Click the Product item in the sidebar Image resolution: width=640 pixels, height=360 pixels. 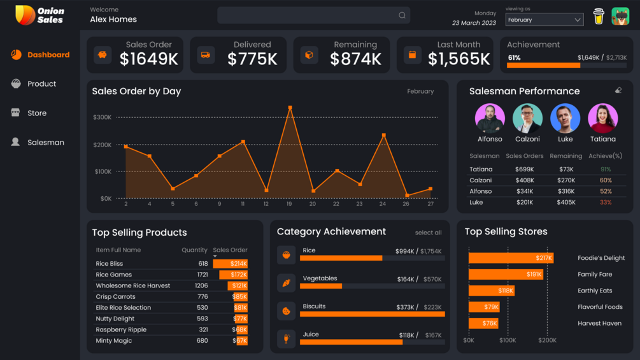tap(41, 84)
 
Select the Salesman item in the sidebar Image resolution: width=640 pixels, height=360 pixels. tap(45, 143)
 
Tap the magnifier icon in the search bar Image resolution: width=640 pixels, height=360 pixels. tap(402, 15)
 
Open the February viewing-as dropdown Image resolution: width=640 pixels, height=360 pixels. tap(544, 20)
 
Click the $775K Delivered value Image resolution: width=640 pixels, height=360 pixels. tap(252, 59)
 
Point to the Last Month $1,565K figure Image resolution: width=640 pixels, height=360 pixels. tap(459, 59)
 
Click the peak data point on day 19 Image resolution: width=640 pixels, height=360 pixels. tap(290, 108)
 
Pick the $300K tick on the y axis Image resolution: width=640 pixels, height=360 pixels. tap(102, 117)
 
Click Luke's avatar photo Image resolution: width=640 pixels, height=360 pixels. tap(565, 118)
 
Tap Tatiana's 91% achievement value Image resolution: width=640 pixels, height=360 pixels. tap(606, 169)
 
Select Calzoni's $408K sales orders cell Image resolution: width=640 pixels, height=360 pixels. tap(525, 180)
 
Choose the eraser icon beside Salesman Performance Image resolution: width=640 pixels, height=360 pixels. tap(618, 90)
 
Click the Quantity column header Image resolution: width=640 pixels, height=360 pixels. tap(194, 250)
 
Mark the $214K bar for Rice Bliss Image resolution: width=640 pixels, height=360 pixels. tap(231, 264)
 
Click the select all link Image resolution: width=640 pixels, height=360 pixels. tap(428, 233)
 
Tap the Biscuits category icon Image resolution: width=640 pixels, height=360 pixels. tap(286, 311)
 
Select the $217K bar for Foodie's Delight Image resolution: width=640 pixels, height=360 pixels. tap(511, 258)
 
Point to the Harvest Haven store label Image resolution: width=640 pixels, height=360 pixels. tap(599, 324)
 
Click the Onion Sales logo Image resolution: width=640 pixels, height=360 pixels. tap(39, 15)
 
